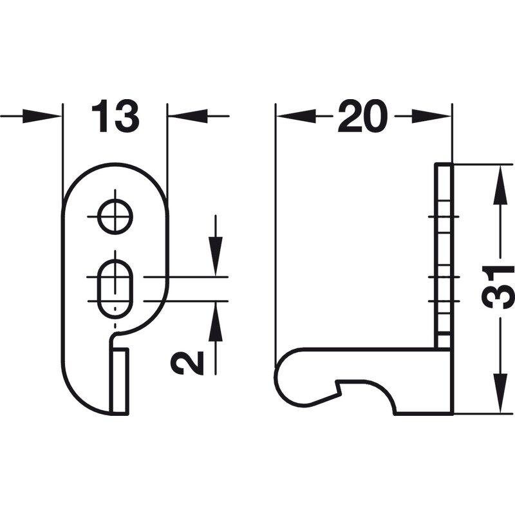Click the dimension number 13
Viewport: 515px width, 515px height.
(115, 116)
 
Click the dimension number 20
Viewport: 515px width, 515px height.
(363, 116)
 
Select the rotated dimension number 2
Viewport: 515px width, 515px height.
(187, 362)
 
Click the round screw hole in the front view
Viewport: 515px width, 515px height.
(115, 217)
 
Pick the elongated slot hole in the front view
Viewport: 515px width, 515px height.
(115, 289)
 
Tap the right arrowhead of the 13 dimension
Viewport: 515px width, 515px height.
(187, 116)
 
